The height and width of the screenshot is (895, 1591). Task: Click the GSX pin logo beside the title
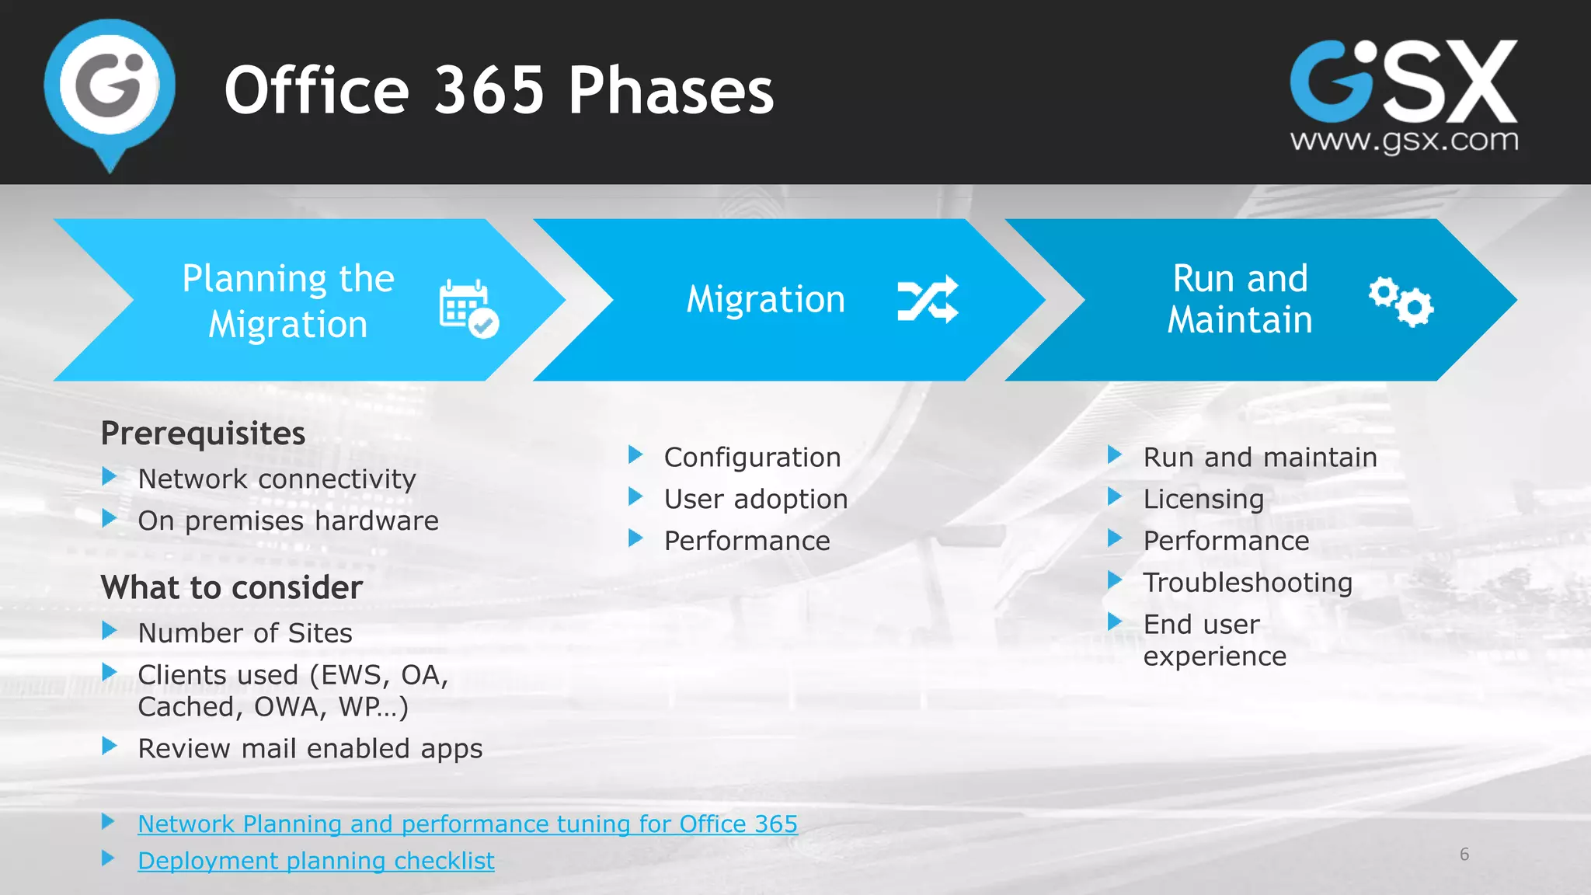(x=110, y=89)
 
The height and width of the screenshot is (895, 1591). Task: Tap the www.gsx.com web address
(x=1404, y=141)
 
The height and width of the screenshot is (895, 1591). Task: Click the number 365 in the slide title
(x=489, y=90)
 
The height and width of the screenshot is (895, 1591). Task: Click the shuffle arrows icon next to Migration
(x=928, y=299)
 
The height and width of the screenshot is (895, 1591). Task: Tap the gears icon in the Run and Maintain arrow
(x=1401, y=301)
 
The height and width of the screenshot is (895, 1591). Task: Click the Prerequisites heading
(x=203, y=434)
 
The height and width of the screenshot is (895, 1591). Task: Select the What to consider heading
(x=232, y=587)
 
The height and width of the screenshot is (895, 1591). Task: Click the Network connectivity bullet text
(x=277, y=479)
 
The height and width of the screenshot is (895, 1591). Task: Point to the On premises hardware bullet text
(x=288, y=521)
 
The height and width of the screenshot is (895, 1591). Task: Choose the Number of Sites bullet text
(x=245, y=633)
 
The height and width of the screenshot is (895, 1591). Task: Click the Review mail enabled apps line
(x=310, y=749)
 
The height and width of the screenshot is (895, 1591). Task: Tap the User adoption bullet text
(x=755, y=500)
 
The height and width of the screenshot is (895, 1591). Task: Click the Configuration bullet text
(x=752, y=458)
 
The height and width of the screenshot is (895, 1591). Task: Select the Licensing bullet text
(x=1203, y=500)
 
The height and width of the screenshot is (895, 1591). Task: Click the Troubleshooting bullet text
(x=1248, y=583)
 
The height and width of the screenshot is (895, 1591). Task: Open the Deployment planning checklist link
(x=315, y=861)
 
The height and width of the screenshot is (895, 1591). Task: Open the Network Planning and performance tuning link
(x=468, y=824)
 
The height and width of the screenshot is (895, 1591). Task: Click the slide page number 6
(x=1464, y=855)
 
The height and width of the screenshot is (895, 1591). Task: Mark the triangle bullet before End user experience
(x=1115, y=622)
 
